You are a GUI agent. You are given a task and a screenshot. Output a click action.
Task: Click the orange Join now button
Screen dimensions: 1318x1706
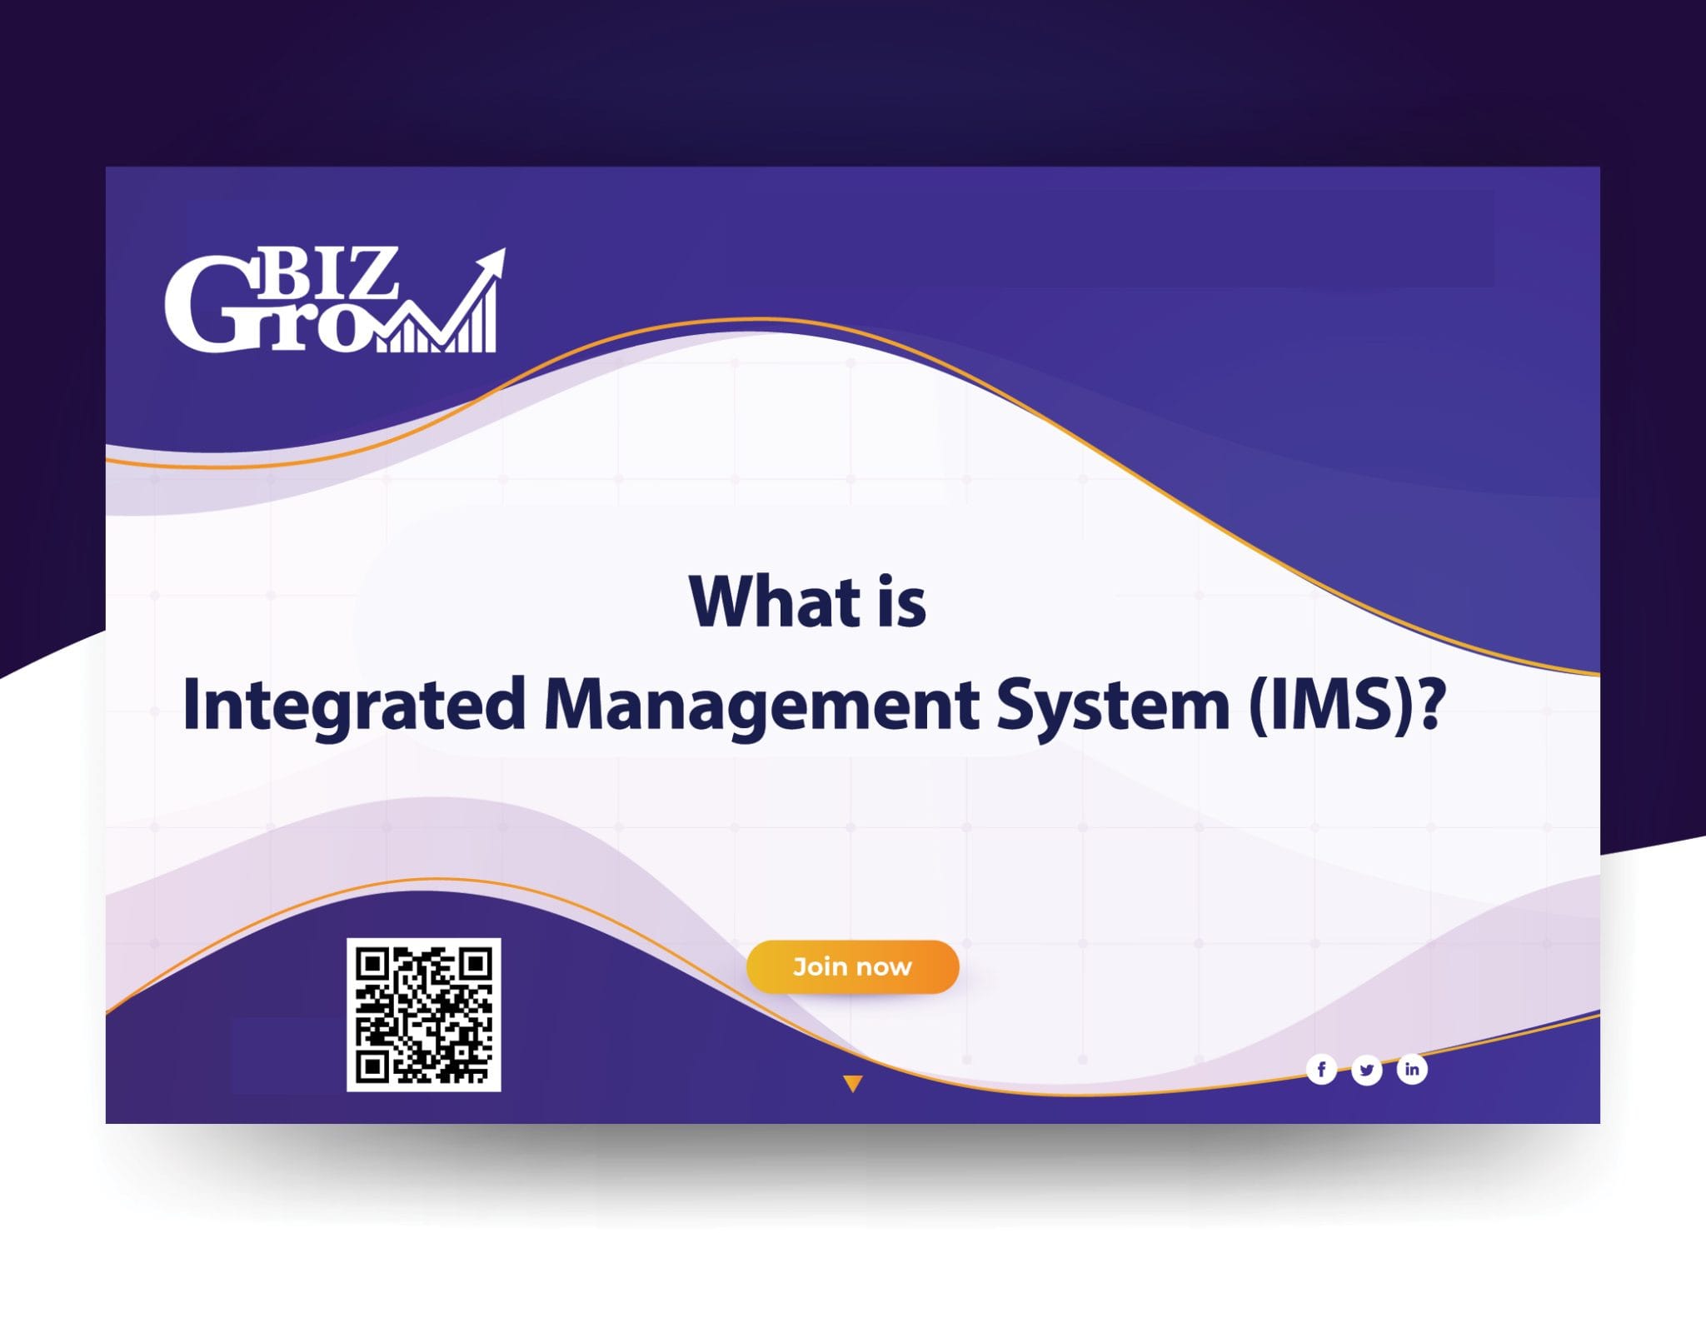[852, 966]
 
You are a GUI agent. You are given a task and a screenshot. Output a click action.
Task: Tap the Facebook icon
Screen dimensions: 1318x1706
[1321, 1069]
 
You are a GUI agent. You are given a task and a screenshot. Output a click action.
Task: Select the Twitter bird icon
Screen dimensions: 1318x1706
[1366, 1070]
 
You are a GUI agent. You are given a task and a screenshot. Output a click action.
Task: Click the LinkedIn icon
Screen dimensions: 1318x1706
[1412, 1069]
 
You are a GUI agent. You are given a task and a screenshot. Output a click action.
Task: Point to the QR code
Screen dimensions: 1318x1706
[423, 1014]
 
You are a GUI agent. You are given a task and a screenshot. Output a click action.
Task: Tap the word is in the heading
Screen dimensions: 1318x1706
[900, 602]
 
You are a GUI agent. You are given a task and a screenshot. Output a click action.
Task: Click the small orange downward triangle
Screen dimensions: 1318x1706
[852, 1083]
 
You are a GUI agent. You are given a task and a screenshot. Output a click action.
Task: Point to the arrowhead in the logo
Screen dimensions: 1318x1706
[492, 262]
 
